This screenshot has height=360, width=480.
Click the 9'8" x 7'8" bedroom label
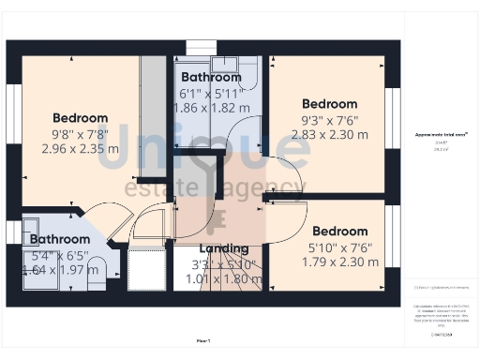click(80, 133)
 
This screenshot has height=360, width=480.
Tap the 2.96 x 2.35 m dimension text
click(80, 148)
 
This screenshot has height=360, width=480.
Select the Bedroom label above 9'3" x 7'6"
click(329, 103)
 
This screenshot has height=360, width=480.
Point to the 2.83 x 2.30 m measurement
click(329, 134)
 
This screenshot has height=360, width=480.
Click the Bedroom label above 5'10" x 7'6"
click(339, 231)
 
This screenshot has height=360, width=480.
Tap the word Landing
click(224, 248)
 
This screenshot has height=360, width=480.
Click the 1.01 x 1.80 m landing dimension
click(224, 278)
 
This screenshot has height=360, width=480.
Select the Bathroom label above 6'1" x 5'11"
click(212, 77)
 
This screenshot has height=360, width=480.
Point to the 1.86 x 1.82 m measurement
click(212, 108)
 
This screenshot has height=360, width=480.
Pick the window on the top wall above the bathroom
click(201, 47)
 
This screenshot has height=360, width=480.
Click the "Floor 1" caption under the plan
click(203, 339)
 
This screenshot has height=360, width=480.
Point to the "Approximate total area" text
click(442, 135)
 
